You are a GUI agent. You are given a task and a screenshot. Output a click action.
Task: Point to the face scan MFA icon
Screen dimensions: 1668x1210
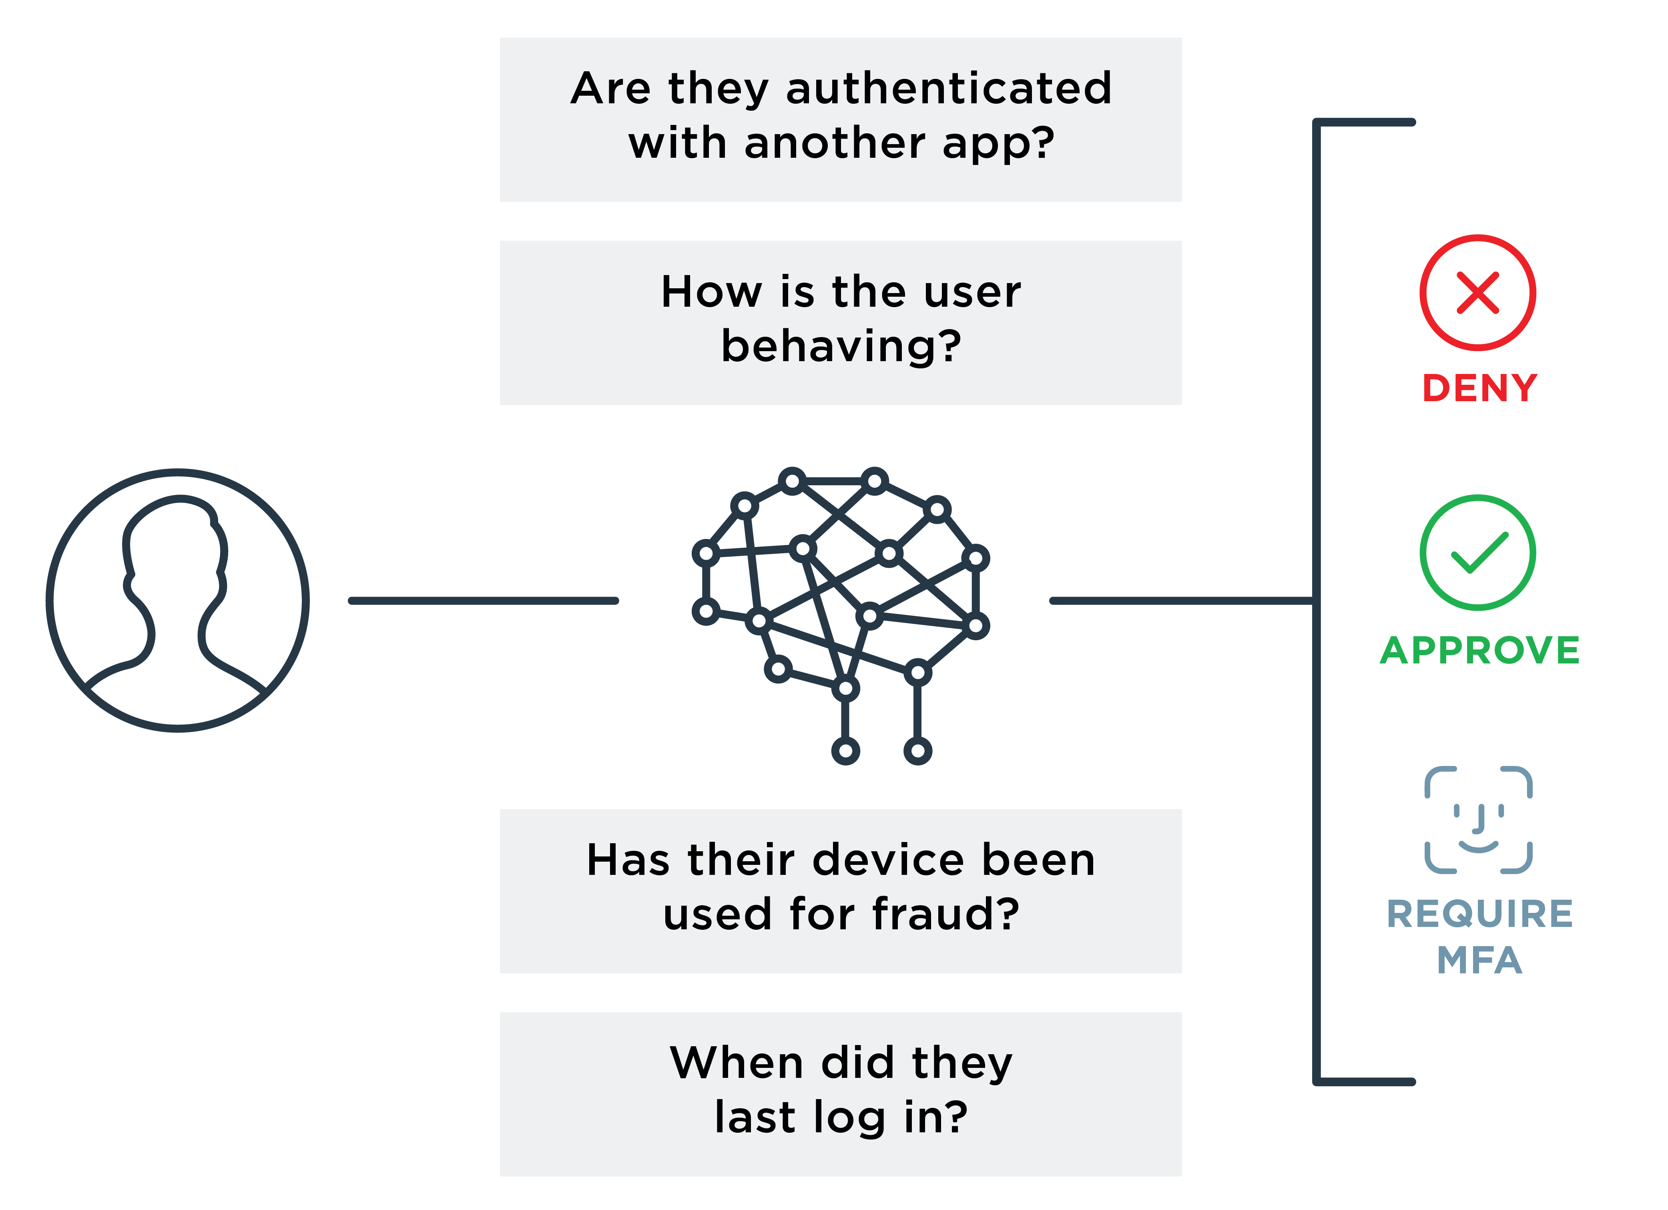(x=1478, y=820)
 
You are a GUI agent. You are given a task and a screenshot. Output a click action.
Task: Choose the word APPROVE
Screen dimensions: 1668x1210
(x=1480, y=650)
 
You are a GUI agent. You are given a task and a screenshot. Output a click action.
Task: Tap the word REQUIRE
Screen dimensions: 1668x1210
(x=1480, y=914)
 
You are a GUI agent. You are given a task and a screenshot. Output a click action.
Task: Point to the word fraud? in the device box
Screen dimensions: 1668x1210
(x=946, y=914)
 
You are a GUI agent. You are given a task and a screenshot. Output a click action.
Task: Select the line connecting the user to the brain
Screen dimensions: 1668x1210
(x=483, y=601)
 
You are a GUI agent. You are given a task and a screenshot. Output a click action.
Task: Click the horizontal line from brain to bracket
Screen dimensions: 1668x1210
(x=1182, y=601)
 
